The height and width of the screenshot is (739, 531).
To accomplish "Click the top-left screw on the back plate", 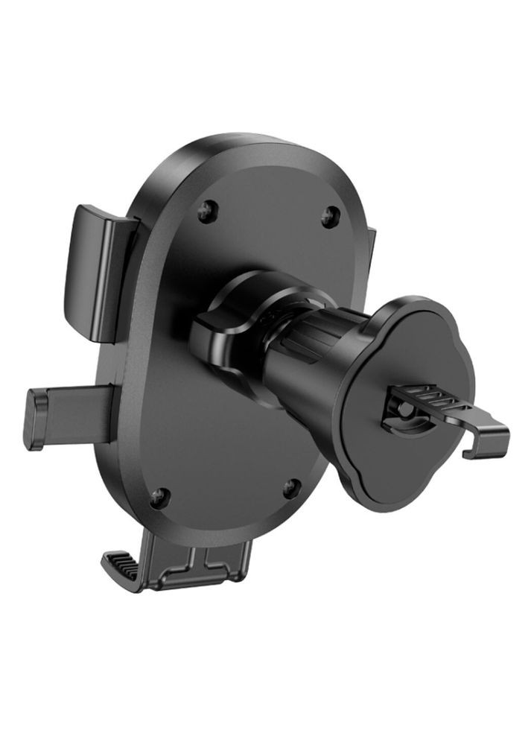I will (205, 213).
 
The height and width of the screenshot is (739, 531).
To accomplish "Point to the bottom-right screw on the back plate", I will (291, 488).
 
